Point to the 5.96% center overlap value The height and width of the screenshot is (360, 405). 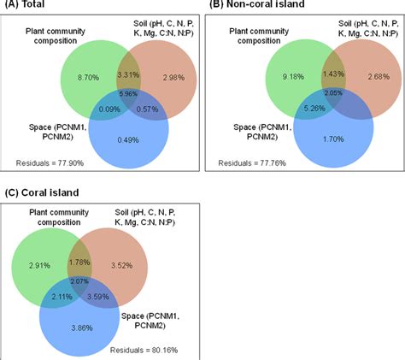126,92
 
